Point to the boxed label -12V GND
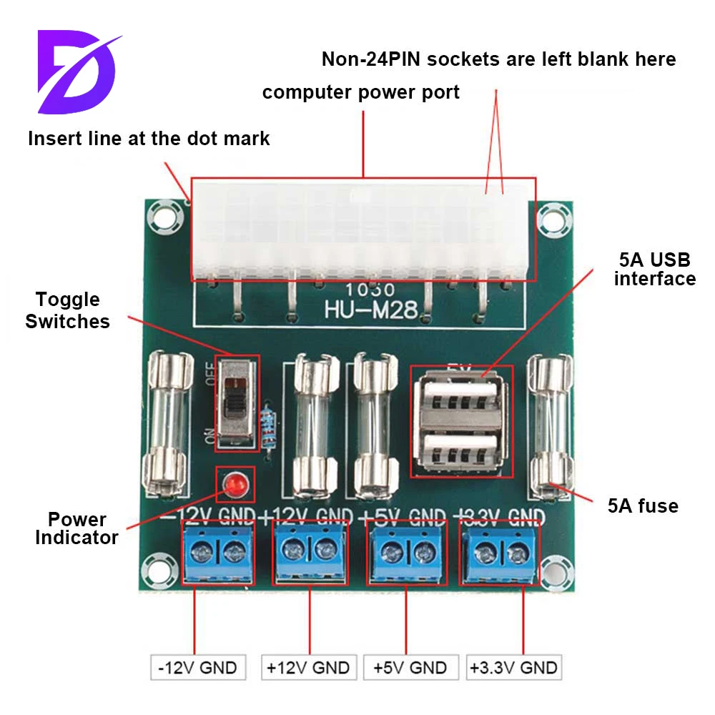(197, 668)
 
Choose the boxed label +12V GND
(307, 668)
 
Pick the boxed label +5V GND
(410, 668)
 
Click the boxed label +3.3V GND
(513, 668)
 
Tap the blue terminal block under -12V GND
(218, 552)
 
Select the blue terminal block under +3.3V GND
(500, 552)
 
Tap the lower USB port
(458, 449)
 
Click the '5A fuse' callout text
(642, 506)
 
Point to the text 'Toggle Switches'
(68, 310)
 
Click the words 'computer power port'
(360, 92)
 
